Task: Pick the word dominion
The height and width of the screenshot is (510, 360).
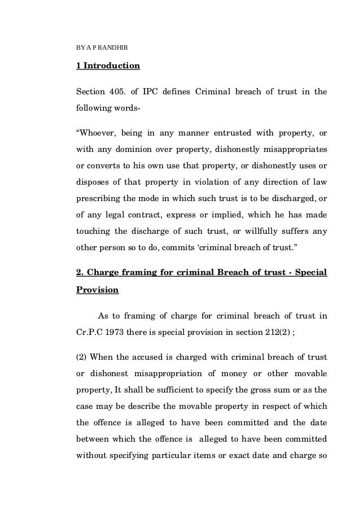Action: (126, 151)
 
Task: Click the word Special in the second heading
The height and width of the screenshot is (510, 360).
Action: (310, 273)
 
